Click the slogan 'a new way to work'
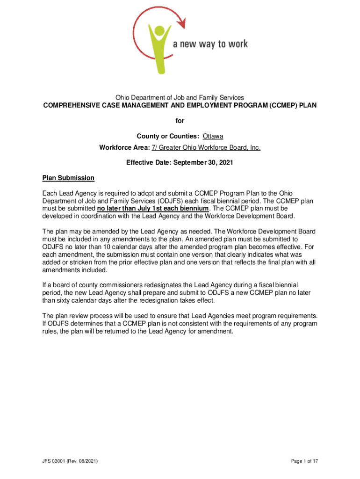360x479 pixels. [x=210, y=44]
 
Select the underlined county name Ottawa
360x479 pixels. [x=213, y=136]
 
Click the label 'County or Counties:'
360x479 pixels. [x=168, y=136]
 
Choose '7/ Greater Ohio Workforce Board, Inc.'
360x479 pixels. [x=206, y=148]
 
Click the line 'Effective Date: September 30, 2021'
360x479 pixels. [x=180, y=163]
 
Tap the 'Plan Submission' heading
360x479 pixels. [x=68, y=178]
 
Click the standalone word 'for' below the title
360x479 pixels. [x=180, y=121]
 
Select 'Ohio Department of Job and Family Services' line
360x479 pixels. [x=180, y=97]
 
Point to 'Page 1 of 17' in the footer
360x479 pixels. [x=304, y=462]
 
